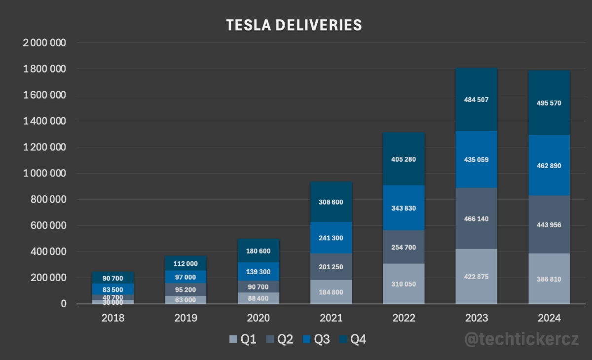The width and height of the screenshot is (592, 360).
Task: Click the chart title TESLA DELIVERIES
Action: click(x=294, y=25)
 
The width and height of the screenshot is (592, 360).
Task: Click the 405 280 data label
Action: click(x=404, y=159)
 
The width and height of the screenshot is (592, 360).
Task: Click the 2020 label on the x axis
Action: click(x=259, y=318)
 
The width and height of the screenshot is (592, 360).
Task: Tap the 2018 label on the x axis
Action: click(x=113, y=318)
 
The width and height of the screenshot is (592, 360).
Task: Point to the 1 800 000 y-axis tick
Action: click(x=44, y=69)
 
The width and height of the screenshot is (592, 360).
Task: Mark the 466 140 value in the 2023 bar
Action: click(x=477, y=218)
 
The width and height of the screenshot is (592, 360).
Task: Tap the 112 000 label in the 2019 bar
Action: click(x=185, y=263)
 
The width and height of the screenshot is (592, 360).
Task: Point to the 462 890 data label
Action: click(x=549, y=166)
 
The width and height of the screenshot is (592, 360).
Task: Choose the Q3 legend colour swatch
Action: click(x=306, y=339)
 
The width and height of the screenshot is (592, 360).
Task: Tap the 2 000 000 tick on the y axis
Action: click(x=44, y=43)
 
